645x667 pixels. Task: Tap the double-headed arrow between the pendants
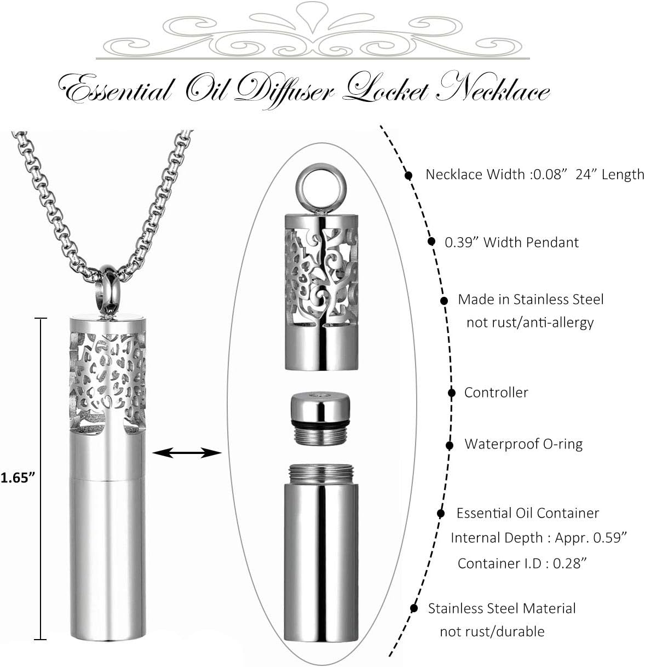coord(187,452)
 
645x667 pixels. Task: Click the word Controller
coord(496,392)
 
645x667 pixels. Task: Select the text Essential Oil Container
coord(527,513)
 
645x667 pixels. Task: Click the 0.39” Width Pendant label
coord(511,242)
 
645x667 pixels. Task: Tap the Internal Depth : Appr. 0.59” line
coord(538,538)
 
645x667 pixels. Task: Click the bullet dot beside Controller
coord(452,393)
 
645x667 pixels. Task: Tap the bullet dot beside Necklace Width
coord(408,175)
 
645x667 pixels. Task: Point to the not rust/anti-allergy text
coord(529,323)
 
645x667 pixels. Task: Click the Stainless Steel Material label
coord(502,608)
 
